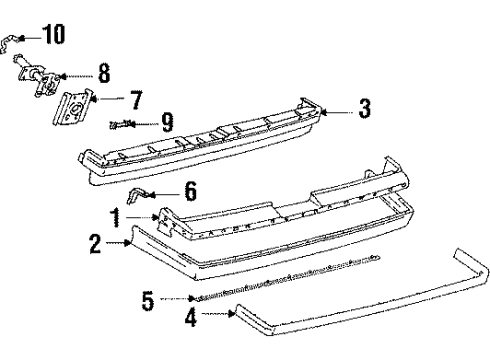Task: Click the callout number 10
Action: (x=53, y=37)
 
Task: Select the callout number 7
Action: (x=135, y=99)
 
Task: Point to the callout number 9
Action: (x=167, y=124)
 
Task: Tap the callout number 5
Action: (x=147, y=298)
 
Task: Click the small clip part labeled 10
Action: (x=11, y=41)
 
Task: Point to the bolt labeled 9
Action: (x=121, y=125)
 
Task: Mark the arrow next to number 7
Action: (x=106, y=99)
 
